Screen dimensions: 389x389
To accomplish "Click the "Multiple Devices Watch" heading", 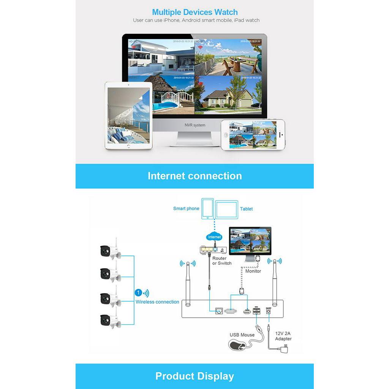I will point(194,12).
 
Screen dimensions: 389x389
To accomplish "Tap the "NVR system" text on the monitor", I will point(194,125).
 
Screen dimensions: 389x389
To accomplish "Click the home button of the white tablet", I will point(128,146).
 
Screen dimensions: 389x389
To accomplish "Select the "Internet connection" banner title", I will point(194,176).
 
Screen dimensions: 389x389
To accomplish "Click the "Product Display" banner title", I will point(194,376).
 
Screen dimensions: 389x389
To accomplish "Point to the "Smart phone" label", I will point(186,209).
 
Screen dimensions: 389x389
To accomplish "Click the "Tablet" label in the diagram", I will point(246,209).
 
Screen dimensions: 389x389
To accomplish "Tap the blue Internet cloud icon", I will point(214,237).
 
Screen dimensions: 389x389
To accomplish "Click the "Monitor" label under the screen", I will point(253,271).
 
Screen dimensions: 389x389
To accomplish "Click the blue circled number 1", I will point(138,293).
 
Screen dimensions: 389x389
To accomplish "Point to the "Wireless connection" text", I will point(157,302).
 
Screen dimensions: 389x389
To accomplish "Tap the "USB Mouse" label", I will point(242,335).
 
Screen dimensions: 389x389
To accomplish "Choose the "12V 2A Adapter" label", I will point(283,336).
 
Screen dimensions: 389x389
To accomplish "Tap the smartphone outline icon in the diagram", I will point(207,208).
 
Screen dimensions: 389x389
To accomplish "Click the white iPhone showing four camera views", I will point(253,134).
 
